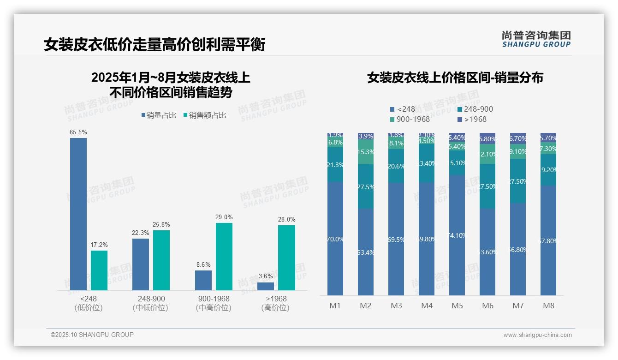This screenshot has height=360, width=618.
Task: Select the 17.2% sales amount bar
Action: click(99, 270)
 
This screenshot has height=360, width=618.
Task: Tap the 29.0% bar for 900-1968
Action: click(224, 257)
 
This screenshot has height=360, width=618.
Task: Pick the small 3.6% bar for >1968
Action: click(266, 286)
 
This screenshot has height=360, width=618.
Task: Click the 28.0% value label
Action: click(287, 219)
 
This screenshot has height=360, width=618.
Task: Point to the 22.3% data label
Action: click(141, 233)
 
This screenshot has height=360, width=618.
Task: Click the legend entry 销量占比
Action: click(159, 115)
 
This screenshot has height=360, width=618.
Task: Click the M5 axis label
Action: click(457, 306)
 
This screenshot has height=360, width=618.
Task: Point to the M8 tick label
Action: click(548, 306)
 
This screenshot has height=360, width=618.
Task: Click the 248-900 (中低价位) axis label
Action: click(151, 303)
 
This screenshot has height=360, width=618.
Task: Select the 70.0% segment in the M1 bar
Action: click(335, 239)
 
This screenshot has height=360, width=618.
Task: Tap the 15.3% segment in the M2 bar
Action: click(366, 152)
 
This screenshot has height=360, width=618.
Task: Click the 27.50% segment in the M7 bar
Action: click(518, 181)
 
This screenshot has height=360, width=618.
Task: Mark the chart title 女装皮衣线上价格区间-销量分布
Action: click(455, 78)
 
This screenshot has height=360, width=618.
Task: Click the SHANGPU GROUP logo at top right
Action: click(536, 39)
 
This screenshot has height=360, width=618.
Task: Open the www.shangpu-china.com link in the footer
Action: click(537, 335)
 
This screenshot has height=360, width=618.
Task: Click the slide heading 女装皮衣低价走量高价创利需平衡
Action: click(154, 44)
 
